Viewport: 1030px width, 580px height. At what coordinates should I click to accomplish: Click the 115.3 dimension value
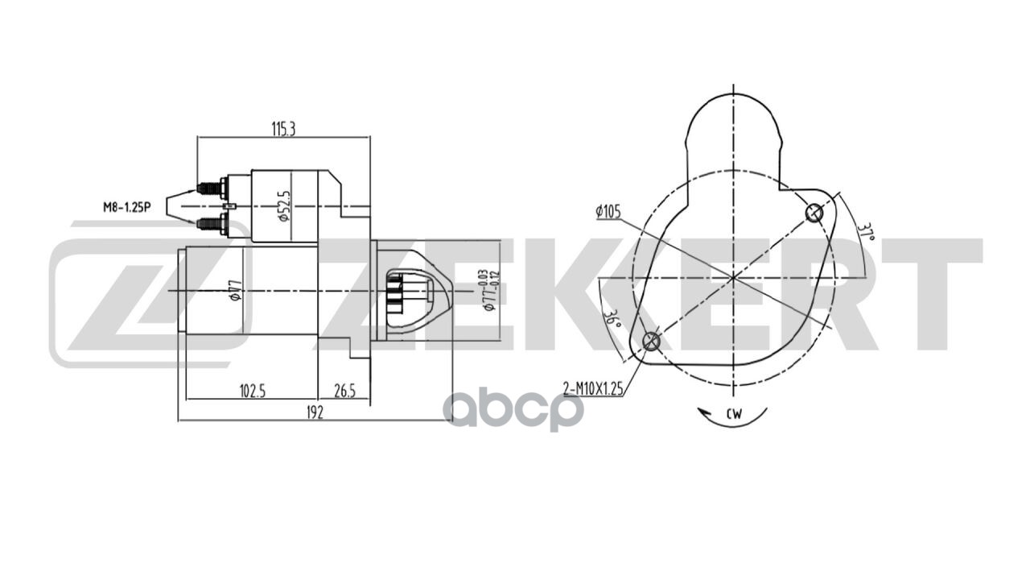[283, 130]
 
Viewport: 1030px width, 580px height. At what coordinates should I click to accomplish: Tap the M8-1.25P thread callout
[126, 208]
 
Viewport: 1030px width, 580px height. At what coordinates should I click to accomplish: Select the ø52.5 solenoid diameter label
[285, 206]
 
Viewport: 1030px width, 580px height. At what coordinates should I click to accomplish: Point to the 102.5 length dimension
[253, 391]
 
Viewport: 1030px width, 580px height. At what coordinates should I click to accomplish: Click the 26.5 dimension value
[345, 391]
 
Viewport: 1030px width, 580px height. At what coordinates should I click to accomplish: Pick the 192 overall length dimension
[315, 412]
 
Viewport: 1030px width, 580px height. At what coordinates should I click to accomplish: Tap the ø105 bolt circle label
[608, 212]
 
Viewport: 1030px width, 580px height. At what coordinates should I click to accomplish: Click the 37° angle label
[866, 233]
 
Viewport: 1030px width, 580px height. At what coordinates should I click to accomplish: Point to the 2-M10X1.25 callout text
[593, 389]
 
